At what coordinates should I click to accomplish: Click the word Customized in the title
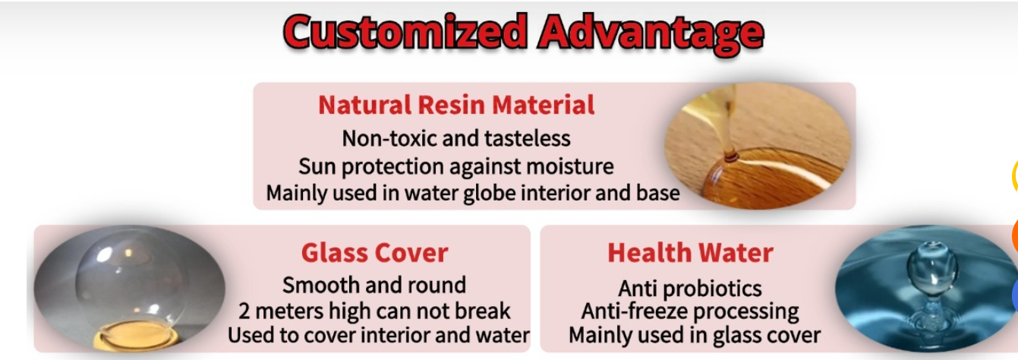click(405, 33)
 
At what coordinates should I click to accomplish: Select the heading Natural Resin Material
click(456, 105)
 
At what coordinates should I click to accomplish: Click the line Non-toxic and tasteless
click(456, 138)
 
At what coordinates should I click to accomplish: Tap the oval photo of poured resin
click(758, 147)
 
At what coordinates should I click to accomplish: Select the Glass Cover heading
click(374, 253)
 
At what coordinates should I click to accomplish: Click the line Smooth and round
click(374, 285)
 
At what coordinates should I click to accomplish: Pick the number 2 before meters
click(244, 311)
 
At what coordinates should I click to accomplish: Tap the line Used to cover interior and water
click(379, 335)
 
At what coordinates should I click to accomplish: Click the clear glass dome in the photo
click(132, 282)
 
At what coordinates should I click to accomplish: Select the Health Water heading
click(690, 253)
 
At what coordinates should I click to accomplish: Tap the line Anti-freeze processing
click(690, 311)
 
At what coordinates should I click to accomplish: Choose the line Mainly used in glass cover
click(695, 336)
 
